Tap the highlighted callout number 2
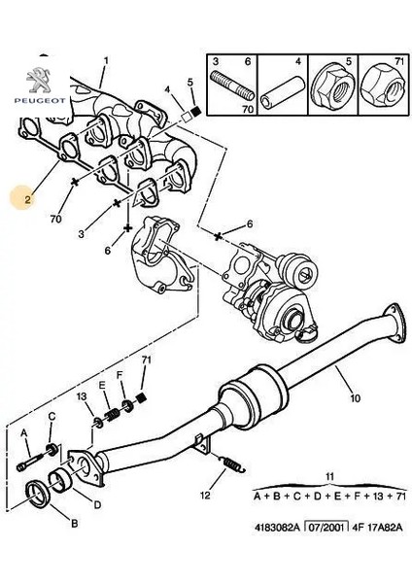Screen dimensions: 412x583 point(27,199)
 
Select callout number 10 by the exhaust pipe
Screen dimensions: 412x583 point(355,398)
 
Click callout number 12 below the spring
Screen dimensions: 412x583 point(205,496)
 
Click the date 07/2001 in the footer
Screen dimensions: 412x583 point(326,528)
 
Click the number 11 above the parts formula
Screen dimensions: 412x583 point(329,476)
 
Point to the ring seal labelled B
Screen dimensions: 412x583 point(38,493)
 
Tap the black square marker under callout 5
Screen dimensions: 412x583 point(195,111)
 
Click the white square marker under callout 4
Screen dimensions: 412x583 point(186,116)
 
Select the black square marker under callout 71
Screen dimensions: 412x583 point(141,397)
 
